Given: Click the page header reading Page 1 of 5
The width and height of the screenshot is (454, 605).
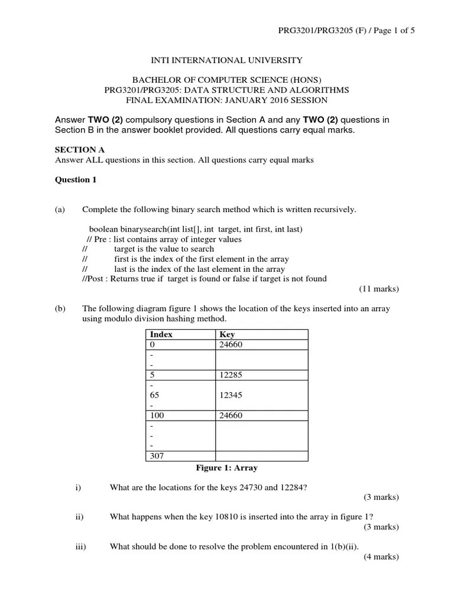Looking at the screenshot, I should point(347,31).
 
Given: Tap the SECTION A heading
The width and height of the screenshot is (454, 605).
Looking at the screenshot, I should point(79,150).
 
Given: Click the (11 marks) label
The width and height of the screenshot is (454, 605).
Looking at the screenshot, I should point(379,289).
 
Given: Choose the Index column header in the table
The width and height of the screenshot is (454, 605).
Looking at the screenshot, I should point(161,334).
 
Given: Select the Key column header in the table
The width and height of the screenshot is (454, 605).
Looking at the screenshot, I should point(227,334).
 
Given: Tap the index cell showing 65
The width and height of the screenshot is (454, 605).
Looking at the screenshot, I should point(155,395).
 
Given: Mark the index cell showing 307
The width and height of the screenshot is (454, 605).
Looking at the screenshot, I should point(157,456).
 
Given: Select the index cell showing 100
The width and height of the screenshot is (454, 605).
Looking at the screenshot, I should point(157,415).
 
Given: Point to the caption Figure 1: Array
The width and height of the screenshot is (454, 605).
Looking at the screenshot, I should point(226,468).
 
